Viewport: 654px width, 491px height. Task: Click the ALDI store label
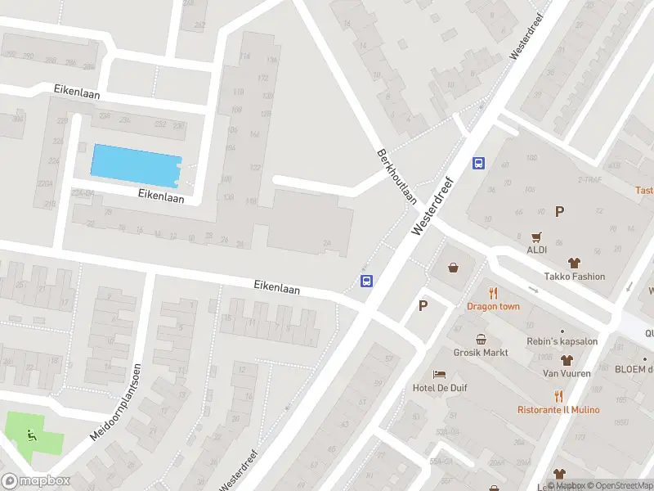(536, 250)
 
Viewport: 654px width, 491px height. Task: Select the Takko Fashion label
(575, 277)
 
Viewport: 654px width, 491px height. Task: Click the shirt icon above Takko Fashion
(574, 263)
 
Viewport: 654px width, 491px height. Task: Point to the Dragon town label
(493, 306)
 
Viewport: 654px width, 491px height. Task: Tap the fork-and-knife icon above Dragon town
(493, 293)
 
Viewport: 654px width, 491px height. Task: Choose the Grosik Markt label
(482, 353)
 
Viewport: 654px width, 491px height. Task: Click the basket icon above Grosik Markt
(482, 339)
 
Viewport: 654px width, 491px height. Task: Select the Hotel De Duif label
(440, 388)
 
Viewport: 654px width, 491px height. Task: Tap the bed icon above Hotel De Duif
(440, 374)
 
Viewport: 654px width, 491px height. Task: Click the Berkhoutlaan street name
(397, 177)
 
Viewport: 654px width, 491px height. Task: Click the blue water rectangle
(135, 165)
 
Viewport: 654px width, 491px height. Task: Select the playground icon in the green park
(32, 435)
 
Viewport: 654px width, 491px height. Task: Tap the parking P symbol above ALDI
(560, 212)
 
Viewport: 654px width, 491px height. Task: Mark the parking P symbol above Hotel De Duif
(423, 306)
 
